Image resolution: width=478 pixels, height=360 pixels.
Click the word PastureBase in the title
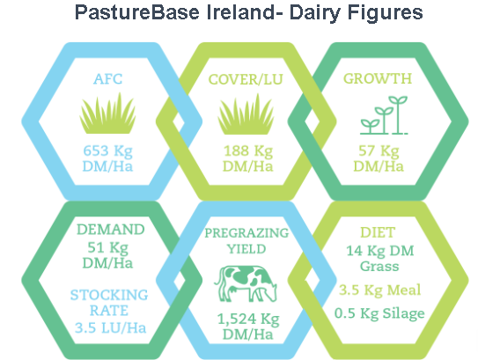pos(137,12)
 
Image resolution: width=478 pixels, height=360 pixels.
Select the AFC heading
pos(108,79)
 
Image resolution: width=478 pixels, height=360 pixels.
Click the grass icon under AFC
pos(107,113)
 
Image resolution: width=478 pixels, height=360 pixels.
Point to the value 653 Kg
pos(108,151)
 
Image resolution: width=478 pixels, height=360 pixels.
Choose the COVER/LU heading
pos(246,79)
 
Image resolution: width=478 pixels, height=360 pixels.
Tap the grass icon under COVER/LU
pos(246,114)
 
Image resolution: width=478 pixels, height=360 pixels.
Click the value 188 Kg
pos(248,151)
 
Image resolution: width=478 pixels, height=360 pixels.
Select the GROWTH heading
pos(378,78)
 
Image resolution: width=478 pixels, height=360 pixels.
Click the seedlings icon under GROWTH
pos(384,115)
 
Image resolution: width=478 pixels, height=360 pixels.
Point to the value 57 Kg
pos(379,151)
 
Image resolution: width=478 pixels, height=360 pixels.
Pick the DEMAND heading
pos(110,229)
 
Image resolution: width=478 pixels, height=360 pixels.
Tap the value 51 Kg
pos(108,248)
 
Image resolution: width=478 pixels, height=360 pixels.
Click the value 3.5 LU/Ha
pos(110,328)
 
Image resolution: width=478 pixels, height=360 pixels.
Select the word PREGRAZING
pos(246,233)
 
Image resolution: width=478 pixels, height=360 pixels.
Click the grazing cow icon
pos(246,283)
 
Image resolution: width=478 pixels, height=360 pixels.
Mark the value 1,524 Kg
pos(248,320)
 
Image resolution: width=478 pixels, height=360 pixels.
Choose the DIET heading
pos(378,232)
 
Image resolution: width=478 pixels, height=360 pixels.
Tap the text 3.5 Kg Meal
pos(379,290)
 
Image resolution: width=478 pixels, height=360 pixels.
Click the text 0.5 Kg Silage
pos(379,313)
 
